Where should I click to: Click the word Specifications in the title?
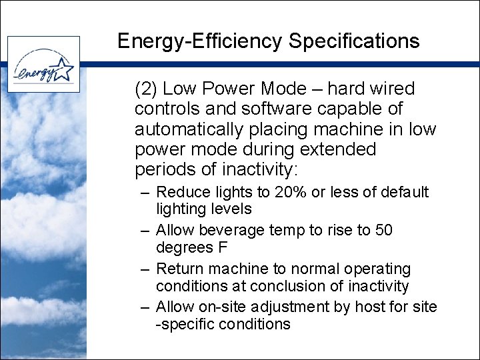[354, 41]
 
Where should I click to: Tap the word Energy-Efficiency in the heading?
[200, 42]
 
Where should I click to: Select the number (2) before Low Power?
[146, 89]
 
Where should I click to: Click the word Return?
[180, 269]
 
